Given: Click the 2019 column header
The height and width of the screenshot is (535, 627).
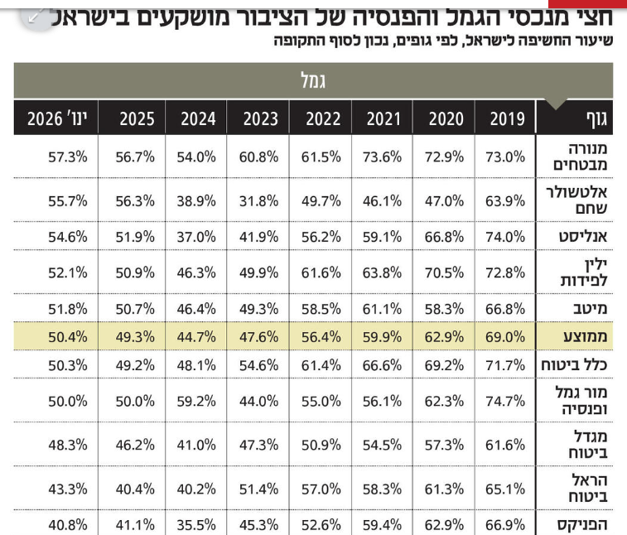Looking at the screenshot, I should point(507,119).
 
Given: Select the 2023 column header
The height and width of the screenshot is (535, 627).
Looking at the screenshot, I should point(260,119).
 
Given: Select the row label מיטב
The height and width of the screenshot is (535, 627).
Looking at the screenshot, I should point(591,309).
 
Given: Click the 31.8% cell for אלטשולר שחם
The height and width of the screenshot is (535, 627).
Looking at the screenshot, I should point(260,200).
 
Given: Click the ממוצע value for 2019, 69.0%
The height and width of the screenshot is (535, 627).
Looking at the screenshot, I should point(507,337).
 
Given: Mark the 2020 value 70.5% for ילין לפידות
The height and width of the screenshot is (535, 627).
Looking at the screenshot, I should point(446,272).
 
